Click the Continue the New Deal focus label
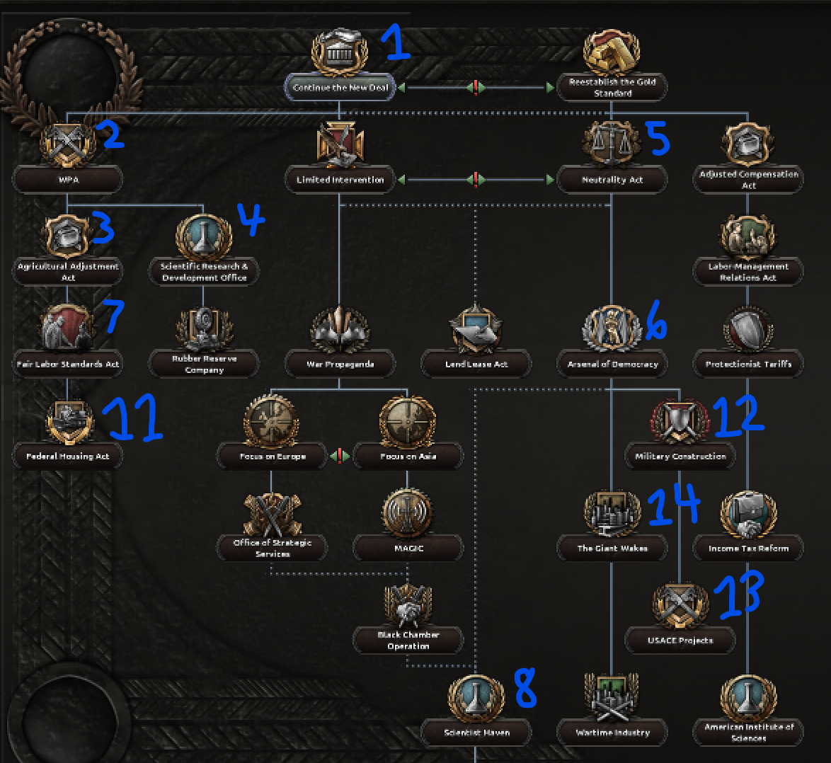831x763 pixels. click(x=340, y=88)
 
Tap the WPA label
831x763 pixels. click(x=69, y=180)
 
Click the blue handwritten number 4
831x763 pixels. click(x=249, y=219)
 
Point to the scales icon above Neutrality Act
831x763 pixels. click(x=612, y=142)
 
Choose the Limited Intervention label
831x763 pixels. click(x=340, y=180)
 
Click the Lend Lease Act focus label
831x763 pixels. click(x=476, y=365)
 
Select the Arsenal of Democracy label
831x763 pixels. click(x=612, y=365)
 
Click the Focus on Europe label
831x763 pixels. click(x=273, y=457)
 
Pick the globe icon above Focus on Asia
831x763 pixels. click(x=408, y=420)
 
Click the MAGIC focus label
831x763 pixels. click(x=408, y=549)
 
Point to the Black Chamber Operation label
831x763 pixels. click(x=408, y=641)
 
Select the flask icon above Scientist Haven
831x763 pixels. click(x=476, y=697)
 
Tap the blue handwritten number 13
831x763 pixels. click(x=739, y=593)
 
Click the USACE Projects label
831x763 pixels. click(x=680, y=641)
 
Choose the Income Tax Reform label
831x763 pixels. click(x=748, y=549)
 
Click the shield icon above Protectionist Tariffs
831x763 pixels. click(x=748, y=331)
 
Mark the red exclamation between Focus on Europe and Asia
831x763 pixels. click(x=340, y=456)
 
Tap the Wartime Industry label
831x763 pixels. click(x=612, y=733)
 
